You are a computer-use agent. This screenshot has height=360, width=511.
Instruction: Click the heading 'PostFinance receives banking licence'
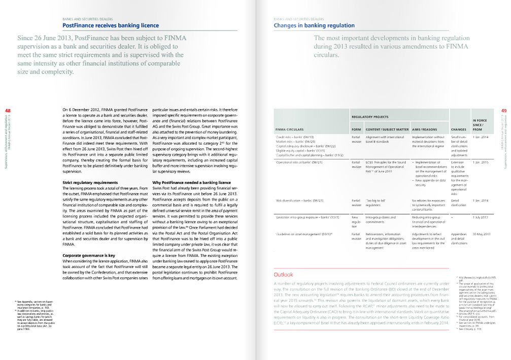click(110, 25)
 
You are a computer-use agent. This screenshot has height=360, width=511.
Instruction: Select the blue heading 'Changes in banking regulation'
click(314, 25)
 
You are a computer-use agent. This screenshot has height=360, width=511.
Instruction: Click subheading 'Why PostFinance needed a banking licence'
click(192, 182)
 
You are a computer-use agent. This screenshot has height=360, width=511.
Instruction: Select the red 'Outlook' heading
click(283, 275)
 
